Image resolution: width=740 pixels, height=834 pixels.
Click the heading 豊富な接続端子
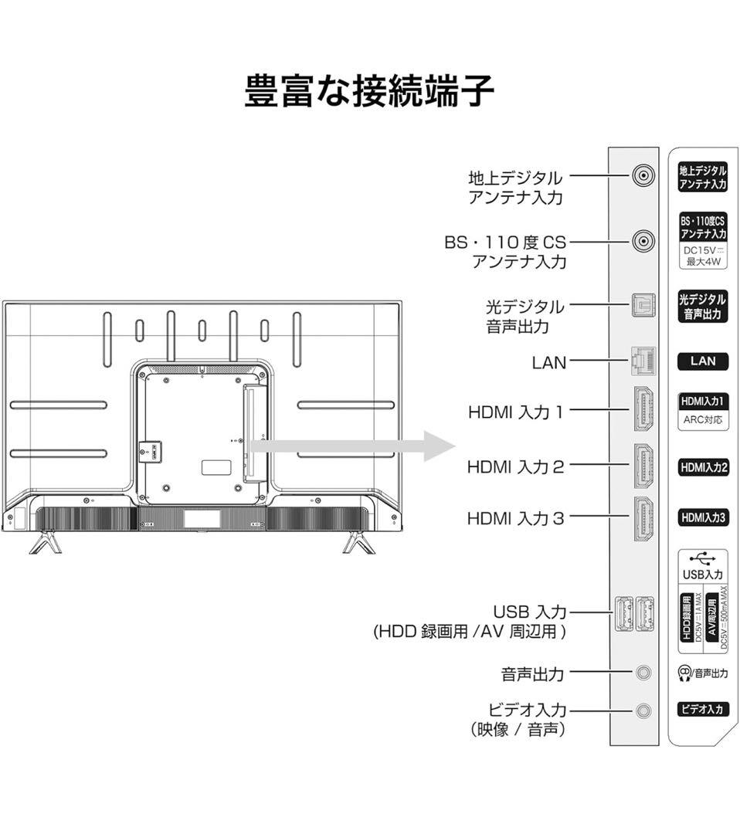tap(369, 91)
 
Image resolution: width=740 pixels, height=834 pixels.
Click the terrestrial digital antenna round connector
tap(643, 177)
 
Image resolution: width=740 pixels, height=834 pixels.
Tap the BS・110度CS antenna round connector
tap(643, 242)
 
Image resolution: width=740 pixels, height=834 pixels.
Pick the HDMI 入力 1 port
tap(643, 409)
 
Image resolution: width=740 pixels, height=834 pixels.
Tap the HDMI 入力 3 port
tap(643, 517)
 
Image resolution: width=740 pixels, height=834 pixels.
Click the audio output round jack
tap(643, 673)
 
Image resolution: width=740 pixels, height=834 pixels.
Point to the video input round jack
tap(643, 710)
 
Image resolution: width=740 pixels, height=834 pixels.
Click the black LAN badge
tap(702, 361)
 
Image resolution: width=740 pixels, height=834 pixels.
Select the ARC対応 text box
tap(702, 421)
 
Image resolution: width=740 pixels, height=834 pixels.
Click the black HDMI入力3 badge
tap(702, 517)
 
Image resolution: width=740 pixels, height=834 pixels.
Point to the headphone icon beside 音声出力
tap(684, 673)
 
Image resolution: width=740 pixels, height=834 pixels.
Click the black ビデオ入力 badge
tap(702, 709)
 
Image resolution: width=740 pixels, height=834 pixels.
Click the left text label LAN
tap(548, 361)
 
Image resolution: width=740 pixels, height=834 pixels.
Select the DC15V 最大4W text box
tap(702, 256)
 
